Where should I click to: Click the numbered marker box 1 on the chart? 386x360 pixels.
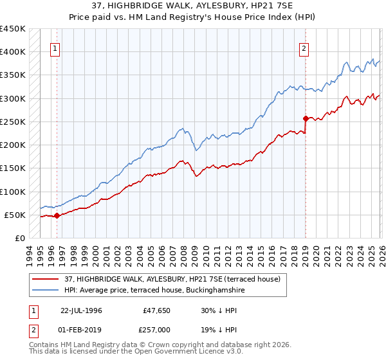pos(55,48)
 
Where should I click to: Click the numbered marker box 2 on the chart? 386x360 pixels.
pos(304,48)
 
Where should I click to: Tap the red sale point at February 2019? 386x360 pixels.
pos(306,118)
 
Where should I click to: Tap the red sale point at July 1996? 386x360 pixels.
pos(57,215)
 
